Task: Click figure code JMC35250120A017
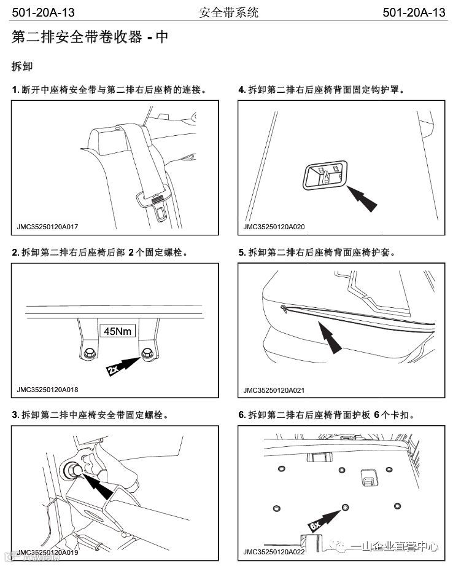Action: pos(48,227)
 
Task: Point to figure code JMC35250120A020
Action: pos(274,227)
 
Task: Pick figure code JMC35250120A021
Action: pos(274,390)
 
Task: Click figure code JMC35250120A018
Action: pos(48,390)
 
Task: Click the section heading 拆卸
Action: pos(21,65)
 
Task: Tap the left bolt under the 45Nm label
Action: pos(90,352)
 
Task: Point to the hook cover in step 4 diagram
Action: pos(323,175)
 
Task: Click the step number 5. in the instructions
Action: pos(242,253)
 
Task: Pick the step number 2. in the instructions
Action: pos(16,253)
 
